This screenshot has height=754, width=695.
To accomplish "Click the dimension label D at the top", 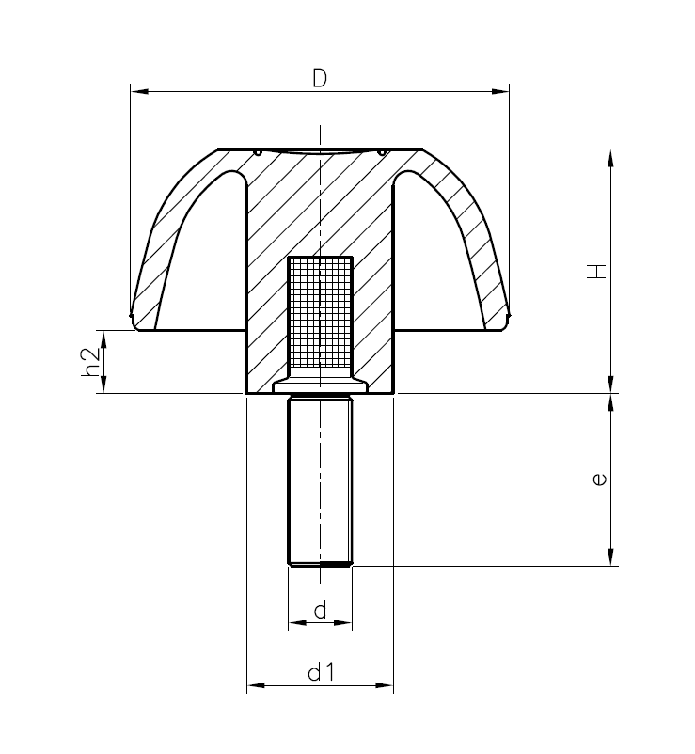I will (x=319, y=79).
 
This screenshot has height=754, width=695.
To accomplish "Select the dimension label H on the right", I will (x=596, y=272).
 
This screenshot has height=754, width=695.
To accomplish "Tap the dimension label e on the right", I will (x=599, y=479).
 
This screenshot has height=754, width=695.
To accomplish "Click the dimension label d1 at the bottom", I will (x=320, y=672).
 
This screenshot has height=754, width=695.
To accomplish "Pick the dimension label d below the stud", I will (x=320, y=611).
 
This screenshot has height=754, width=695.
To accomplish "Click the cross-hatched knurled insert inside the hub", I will (x=320, y=313).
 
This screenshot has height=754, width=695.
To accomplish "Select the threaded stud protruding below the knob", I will (x=320, y=479).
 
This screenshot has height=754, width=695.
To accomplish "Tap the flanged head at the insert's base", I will (x=320, y=384).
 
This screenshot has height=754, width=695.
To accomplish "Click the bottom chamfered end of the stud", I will (x=320, y=563).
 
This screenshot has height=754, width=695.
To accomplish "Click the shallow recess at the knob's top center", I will (x=320, y=152).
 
